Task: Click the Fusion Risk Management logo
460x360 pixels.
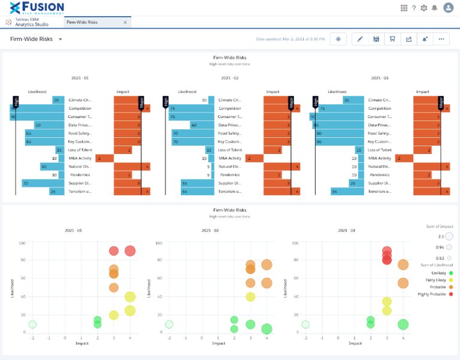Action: coord(37,8)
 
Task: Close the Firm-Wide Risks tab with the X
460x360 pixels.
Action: coord(125,22)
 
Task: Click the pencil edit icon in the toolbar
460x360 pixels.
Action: coord(360,39)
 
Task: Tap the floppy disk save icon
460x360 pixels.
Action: coord(376,39)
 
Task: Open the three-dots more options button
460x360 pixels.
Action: coord(441,39)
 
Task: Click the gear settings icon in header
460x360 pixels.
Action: coord(424,8)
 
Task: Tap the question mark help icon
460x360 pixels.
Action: coord(414,8)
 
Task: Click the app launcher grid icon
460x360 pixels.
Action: coord(404,8)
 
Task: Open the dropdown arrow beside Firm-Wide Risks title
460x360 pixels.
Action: coord(60,40)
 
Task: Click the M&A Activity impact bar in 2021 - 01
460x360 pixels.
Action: coord(104,158)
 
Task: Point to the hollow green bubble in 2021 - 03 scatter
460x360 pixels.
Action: coord(305,325)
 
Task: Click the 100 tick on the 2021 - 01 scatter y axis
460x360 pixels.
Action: coord(22,243)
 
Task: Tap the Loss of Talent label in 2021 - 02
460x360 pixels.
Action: coord(229,150)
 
